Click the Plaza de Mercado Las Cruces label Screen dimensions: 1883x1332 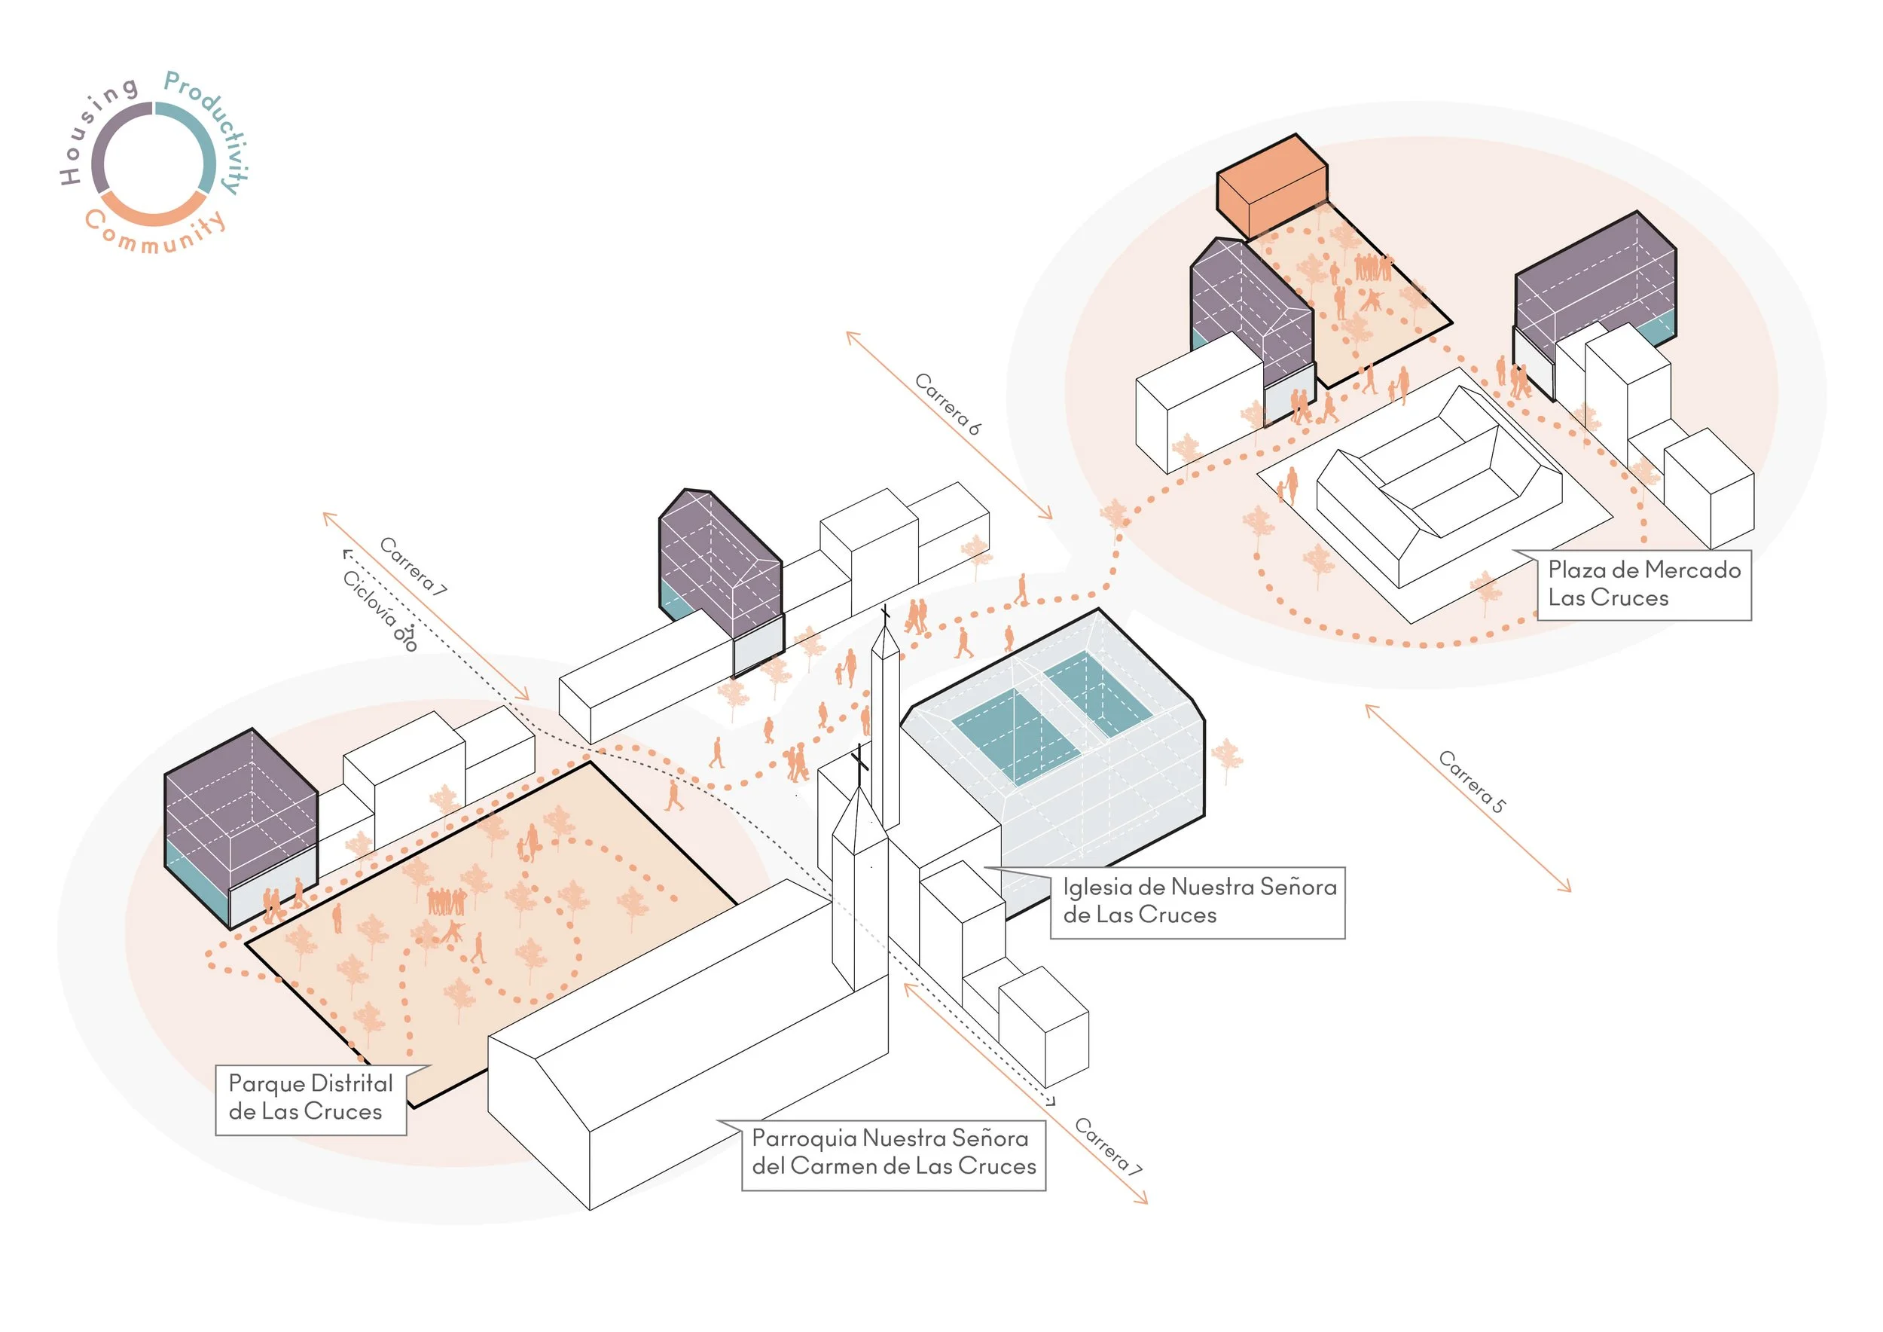pos(1643,584)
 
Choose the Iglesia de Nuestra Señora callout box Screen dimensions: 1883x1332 pos(1198,903)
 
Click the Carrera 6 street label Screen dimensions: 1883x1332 pos(948,404)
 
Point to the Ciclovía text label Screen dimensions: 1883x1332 pos(370,600)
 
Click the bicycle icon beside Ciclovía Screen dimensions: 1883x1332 pos(406,638)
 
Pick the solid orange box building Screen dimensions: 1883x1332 pos(1271,187)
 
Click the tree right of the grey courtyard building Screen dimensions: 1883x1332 pos(1227,759)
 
